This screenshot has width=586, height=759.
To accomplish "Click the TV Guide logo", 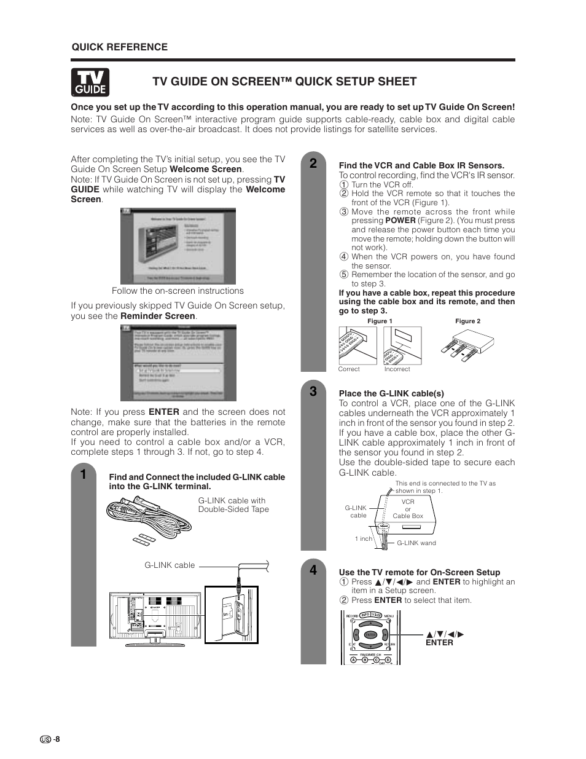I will point(90,82).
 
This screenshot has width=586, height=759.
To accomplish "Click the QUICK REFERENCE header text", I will point(120,47).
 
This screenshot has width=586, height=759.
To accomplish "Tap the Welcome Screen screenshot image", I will point(178,246).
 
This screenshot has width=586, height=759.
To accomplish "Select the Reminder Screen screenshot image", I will point(178,363).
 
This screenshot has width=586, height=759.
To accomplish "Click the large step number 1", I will point(83,474).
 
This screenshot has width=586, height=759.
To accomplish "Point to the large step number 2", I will point(313,163).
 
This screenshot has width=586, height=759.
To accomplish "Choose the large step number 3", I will point(313,391).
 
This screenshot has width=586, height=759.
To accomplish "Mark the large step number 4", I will point(313,570).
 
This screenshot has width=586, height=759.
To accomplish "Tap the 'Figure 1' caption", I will point(380,321).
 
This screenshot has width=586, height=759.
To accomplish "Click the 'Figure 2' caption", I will point(467,321).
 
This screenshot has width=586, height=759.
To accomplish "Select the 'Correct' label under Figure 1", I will point(349,369).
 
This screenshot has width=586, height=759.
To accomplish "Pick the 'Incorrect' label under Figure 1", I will point(397,369).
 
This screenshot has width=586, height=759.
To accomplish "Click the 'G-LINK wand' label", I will point(416,543).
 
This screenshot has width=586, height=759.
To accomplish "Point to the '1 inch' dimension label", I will point(364,539).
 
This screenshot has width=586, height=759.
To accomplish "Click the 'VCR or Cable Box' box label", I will point(408,509).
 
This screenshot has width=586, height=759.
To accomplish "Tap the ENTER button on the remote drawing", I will point(370,635).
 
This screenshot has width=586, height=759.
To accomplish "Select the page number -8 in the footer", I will point(56,739).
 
